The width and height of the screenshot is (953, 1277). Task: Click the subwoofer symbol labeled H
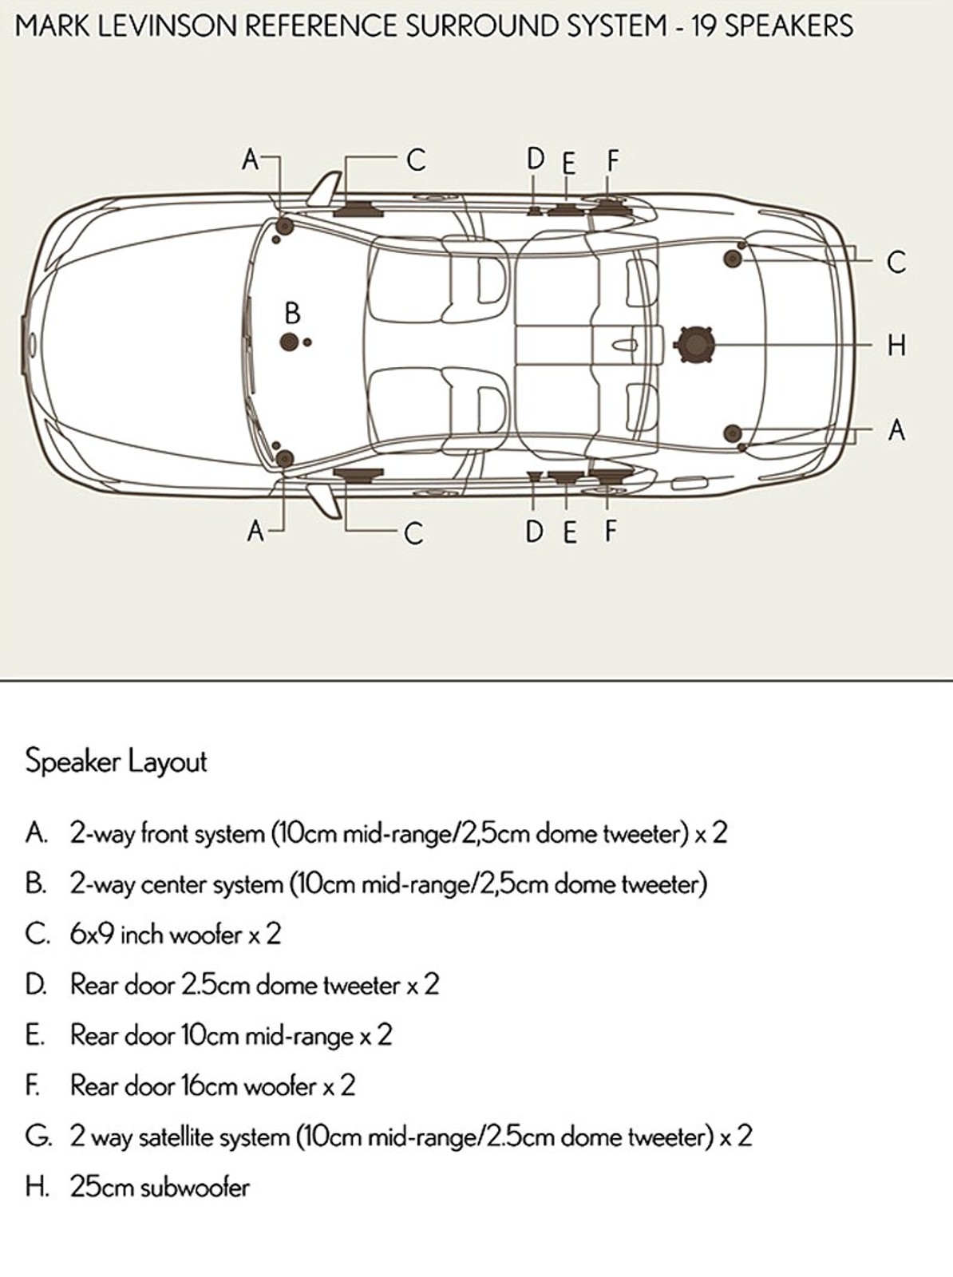pyautogui.click(x=693, y=345)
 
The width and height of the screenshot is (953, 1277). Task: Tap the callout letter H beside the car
pyautogui.click(x=896, y=346)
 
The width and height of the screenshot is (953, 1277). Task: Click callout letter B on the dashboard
pyautogui.click(x=292, y=313)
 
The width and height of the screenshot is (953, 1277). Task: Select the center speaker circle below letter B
pyautogui.click(x=290, y=343)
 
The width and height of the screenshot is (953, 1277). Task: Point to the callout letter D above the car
pyautogui.click(x=535, y=160)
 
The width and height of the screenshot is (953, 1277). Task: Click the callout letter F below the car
pyautogui.click(x=611, y=531)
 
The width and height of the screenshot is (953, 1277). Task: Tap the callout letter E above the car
pyautogui.click(x=568, y=164)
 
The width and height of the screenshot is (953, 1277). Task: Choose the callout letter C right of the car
pyautogui.click(x=896, y=262)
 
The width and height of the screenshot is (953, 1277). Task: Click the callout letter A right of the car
pyautogui.click(x=896, y=430)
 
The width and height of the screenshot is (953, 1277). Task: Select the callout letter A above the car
pyautogui.click(x=251, y=160)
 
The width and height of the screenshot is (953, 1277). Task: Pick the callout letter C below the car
pyautogui.click(x=413, y=533)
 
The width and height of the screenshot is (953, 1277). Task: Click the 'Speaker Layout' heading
pyautogui.click(x=116, y=761)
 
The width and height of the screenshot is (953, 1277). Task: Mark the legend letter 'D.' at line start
pyautogui.click(x=36, y=985)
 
